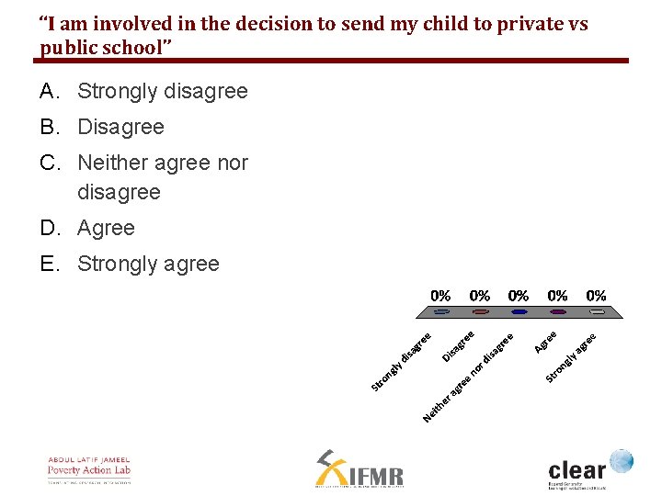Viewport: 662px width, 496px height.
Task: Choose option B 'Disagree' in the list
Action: point(120,127)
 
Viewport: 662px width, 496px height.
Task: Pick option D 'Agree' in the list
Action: point(106,228)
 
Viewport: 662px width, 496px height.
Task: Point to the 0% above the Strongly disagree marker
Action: point(441,296)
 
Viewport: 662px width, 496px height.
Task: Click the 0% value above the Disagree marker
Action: point(480,296)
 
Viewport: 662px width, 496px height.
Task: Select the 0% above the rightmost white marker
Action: point(596,296)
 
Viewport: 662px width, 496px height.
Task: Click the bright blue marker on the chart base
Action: point(519,312)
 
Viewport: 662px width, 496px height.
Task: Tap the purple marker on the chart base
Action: point(557,312)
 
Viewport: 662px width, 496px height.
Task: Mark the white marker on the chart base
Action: point(596,312)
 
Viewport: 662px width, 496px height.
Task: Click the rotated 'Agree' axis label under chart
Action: point(546,342)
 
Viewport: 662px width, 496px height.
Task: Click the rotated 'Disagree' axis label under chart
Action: point(458,345)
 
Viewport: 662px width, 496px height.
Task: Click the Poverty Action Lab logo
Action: point(89,469)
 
